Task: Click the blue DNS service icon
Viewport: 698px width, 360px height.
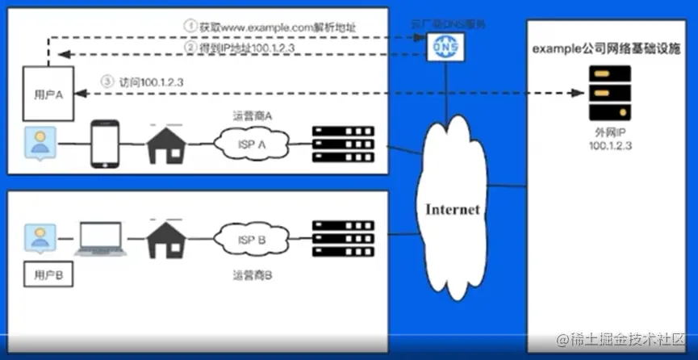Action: pos(438,48)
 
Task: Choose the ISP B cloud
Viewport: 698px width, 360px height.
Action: pos(251,241)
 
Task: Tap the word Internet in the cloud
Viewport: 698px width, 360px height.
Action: pos(453,210)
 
